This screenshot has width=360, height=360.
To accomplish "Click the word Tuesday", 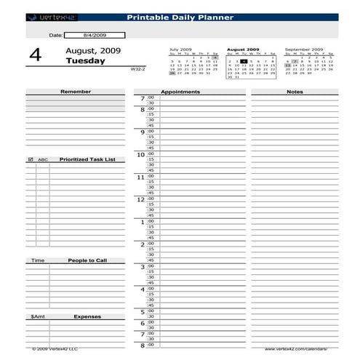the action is click(85, 61).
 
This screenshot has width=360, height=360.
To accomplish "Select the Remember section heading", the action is click(76, 92).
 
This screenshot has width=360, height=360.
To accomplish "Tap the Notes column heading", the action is click(295, 92).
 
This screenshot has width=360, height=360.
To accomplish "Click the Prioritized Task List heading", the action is click(87, 159).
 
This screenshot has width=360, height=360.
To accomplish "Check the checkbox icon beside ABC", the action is click(31, 159).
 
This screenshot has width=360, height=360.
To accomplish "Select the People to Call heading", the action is click(87, 260).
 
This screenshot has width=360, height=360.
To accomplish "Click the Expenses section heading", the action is click(87, 316).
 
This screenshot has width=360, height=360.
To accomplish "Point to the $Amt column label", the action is click(37, 316).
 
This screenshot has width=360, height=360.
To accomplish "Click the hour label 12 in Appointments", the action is click(140, 199).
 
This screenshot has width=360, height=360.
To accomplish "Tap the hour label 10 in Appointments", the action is click(140, 155).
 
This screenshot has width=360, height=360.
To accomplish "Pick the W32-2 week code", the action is click(138, 68).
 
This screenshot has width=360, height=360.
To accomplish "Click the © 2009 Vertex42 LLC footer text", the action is click(55, 348).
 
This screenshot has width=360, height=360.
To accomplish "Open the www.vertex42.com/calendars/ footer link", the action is click(300, 348).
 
